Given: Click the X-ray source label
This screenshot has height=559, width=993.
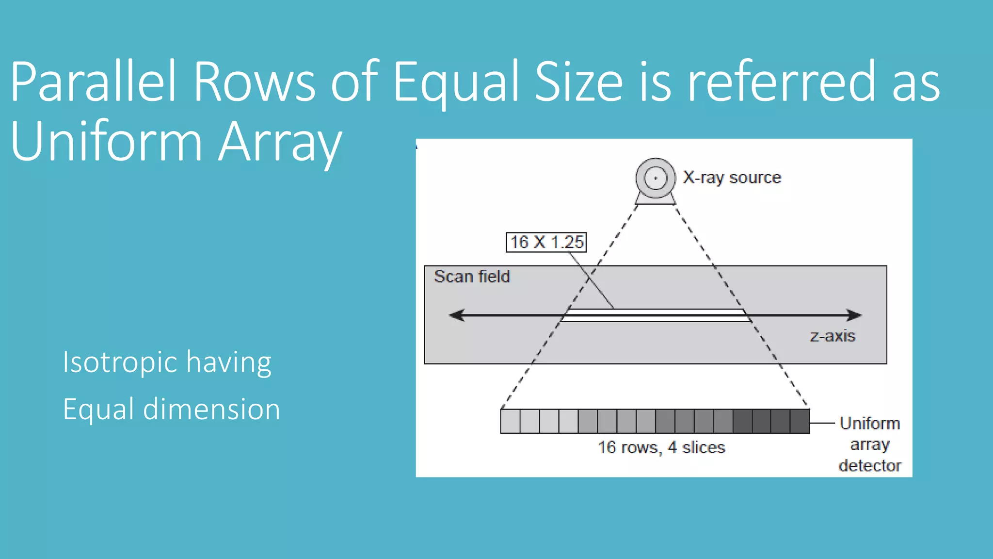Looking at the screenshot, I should [x=732, y=178].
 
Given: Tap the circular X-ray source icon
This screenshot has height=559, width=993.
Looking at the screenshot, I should [x=656, y=179].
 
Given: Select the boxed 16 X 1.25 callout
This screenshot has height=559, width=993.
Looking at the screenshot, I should [x=546, y=242].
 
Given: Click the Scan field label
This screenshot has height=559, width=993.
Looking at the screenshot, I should [x=472, y=277].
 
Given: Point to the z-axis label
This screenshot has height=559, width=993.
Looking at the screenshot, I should [x=833, y=336].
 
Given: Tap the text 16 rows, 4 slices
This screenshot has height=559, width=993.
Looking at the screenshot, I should [x=661, y=447].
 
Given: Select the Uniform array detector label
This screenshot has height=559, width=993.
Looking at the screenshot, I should [x=870, y=444].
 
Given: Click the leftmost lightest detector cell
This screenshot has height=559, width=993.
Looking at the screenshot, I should [x=510, y=421].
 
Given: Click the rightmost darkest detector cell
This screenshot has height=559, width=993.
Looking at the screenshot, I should [x=800, y=421].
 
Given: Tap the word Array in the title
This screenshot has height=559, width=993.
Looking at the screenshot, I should [x=280, y=142].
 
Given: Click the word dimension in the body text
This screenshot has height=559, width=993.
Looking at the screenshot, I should [x=211, y=409].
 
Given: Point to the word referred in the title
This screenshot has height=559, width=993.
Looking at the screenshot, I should [x=781, y=82].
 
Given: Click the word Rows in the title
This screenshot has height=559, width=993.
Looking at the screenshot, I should [x=254, y=82].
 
